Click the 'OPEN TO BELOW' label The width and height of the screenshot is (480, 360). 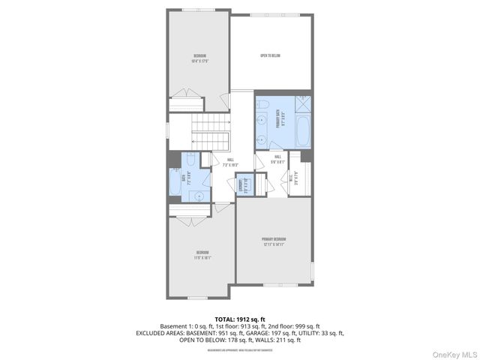(x=270, y=55)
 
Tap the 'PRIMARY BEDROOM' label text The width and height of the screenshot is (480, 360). (x=274, y=239)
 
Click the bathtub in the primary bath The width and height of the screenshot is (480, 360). (x=304, y=130)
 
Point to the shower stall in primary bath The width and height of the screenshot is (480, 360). (x=304, y=103)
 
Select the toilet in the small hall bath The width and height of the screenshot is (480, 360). (x=190, y=159)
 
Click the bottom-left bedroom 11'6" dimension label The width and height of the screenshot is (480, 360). (x=202, y=257)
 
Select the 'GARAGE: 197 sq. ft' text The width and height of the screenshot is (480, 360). (x=282, y=332)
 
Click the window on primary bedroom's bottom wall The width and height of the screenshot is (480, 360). (x=274, y=285)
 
